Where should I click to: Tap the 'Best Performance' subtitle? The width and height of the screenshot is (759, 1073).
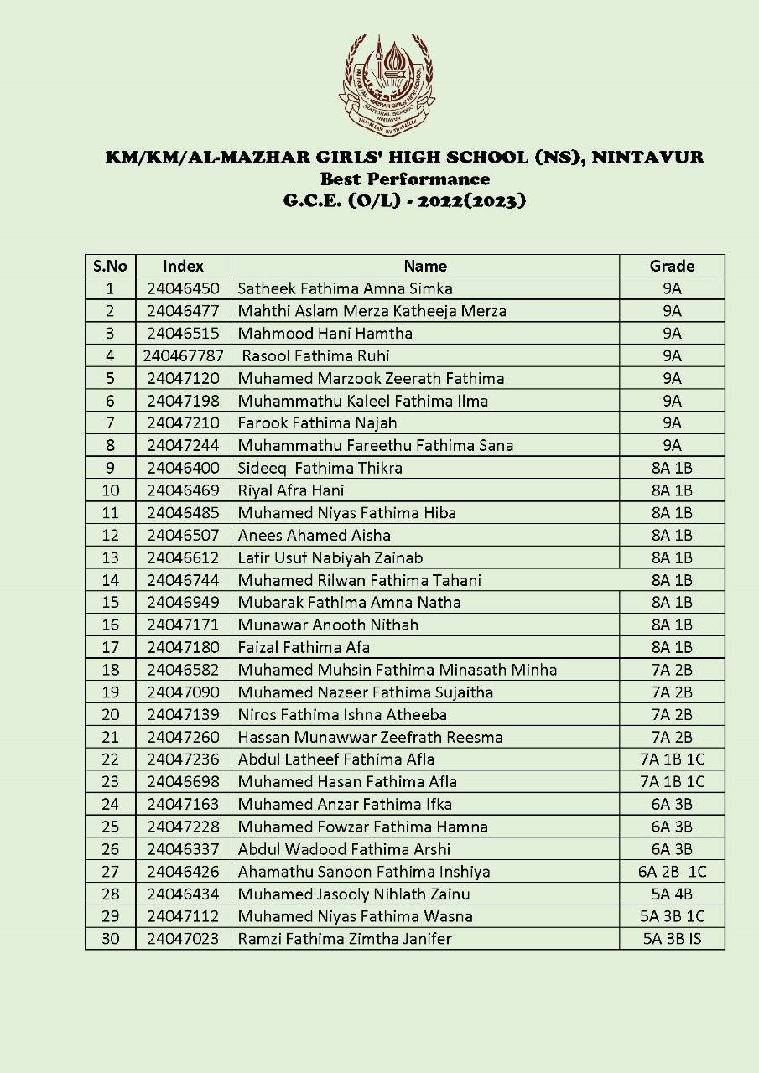[404, 179]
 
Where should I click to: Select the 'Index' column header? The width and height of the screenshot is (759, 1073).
[183, 266]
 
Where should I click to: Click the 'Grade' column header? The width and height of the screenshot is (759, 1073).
[672, 266]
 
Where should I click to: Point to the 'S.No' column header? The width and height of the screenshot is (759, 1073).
[110, 266]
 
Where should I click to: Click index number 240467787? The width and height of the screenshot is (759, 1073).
[183, 355]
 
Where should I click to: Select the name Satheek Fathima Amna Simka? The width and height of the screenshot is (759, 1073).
[345, 288]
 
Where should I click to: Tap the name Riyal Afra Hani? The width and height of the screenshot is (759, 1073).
[291, 490]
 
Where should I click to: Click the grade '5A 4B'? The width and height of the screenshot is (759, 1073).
[672, 894]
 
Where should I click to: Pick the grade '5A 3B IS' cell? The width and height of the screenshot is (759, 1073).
[672, 939]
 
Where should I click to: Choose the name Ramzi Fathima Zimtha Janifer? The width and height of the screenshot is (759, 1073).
[345, 939]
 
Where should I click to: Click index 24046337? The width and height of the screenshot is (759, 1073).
[183, 849]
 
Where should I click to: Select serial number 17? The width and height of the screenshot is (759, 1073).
[110, 647]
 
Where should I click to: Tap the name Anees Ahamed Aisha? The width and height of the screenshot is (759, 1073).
[315, 535]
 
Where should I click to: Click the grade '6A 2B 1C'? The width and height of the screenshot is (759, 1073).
[672, 872]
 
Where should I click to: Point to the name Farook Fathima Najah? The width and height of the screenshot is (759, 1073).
[317, 423]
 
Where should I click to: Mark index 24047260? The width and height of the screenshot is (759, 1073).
[183, 737]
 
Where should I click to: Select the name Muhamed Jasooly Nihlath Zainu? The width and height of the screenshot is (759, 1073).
[353, 894]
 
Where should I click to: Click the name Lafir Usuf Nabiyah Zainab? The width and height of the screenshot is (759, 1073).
[330, 557]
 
